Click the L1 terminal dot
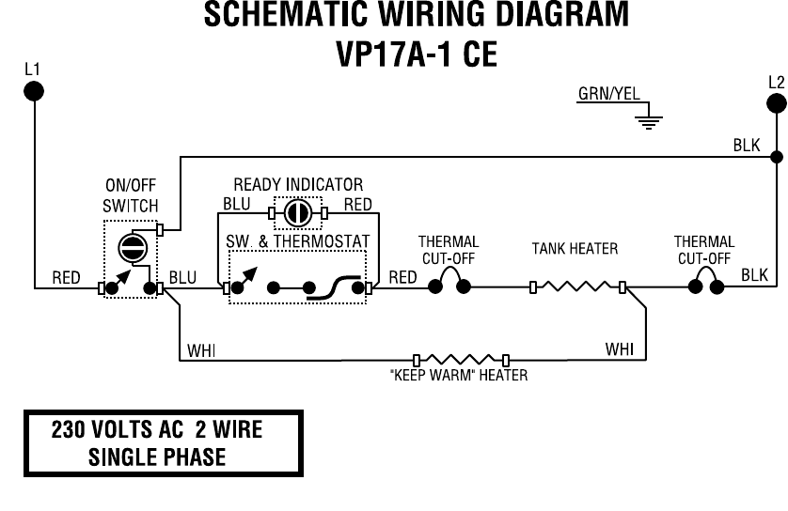[x=34, y=90]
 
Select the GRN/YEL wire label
[x=607, y=94]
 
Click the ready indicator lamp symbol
[x=298, y=213]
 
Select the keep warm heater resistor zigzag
[x=461, y=359]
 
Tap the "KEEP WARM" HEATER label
[x=458, y=376]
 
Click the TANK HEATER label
[x=575, y=249]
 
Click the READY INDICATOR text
[x=298, y=184]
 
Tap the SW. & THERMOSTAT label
[x=298, y=241]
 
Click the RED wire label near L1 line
[x=66, y=277]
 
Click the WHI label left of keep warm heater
[x=201, y=350]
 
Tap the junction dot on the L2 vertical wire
[x=777, y=156]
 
